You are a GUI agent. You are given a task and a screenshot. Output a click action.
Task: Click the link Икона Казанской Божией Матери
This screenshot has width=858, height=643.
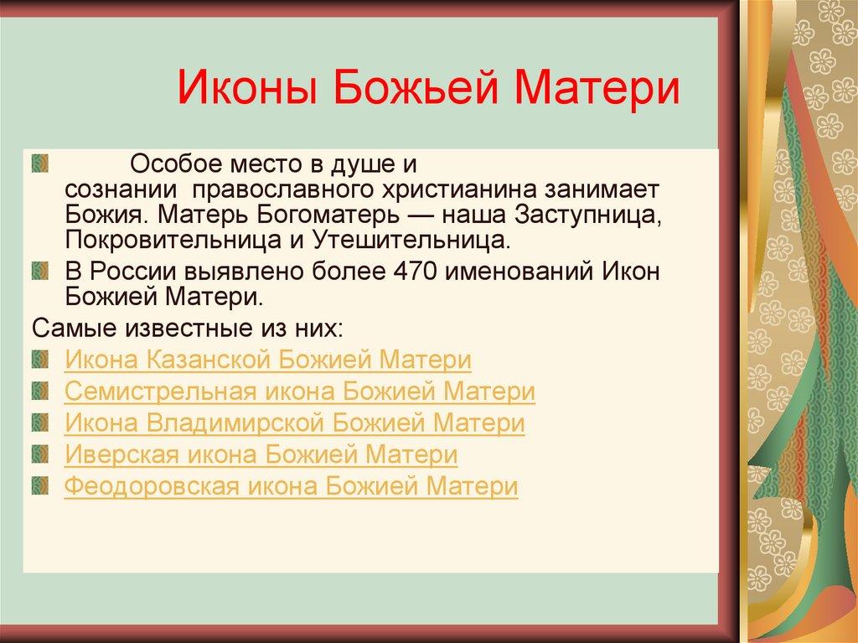(268, 361)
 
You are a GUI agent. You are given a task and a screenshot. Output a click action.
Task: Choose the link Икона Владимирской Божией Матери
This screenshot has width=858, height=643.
(295, 423)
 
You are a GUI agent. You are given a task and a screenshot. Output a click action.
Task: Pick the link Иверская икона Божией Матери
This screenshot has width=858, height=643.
(261, 454)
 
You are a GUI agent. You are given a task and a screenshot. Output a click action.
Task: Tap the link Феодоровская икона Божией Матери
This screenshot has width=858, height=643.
(291, 485)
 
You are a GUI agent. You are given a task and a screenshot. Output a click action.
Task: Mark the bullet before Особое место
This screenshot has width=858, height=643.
(42, 160)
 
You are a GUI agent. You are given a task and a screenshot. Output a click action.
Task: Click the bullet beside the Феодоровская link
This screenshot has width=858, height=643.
(42, 485)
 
